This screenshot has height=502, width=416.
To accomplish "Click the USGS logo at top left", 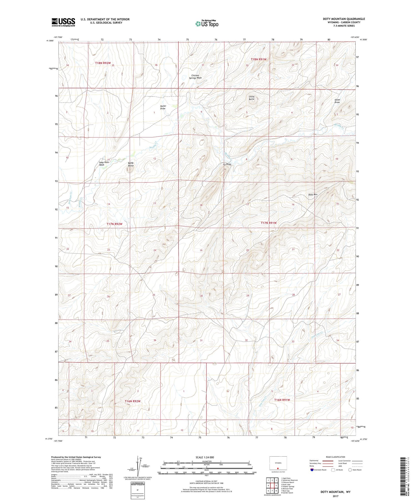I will [63, 22].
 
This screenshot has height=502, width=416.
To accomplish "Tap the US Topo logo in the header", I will [207, 24].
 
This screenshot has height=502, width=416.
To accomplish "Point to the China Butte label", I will [252, 98].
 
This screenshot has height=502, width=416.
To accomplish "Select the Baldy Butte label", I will [131, 164].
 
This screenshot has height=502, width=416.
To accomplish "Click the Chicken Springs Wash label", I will [195, 77].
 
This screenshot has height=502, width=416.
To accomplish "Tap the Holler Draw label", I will [163, 107].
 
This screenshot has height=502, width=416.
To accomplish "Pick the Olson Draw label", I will [337, 101].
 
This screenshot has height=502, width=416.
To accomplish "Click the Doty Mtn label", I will [313, 195].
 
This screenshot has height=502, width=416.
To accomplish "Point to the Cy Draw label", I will [227, 164].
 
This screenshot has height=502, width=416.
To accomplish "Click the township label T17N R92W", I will [114, 224].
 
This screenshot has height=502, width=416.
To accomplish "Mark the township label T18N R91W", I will [258, 59].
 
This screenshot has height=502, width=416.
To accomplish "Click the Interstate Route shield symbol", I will [312, 470].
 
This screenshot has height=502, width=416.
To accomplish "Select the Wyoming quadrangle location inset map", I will [278, 464].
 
